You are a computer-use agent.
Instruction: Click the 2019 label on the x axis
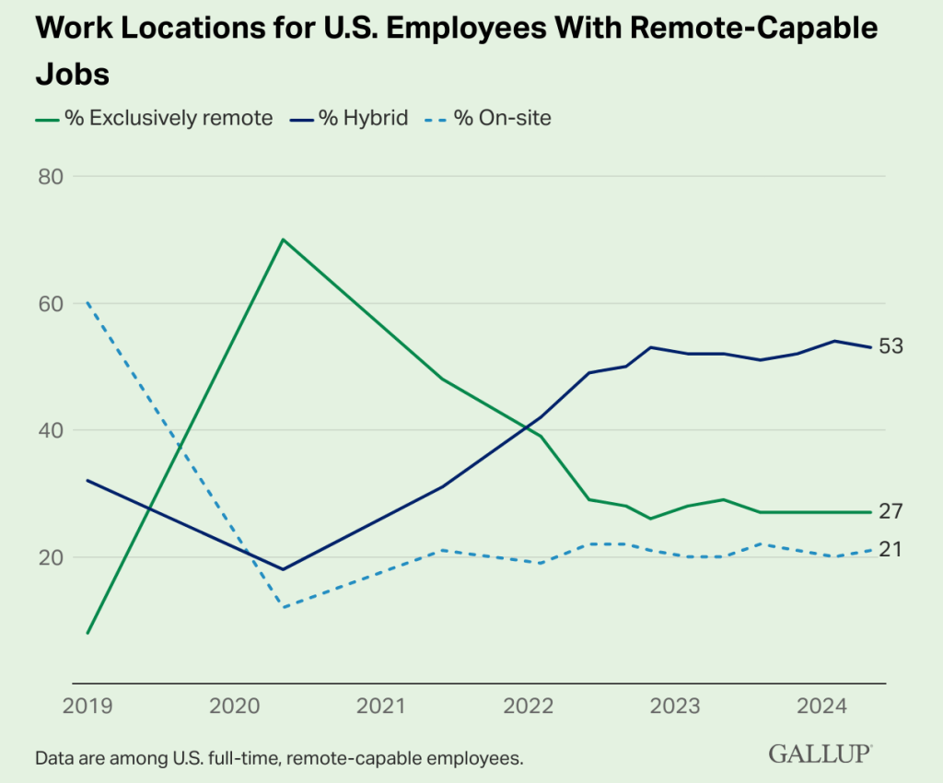(87, 707)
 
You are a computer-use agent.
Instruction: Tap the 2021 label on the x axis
(381, 707)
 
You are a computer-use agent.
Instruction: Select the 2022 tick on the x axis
(529, 707)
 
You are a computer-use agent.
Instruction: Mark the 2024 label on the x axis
(822, 707)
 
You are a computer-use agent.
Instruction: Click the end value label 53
(891, 346)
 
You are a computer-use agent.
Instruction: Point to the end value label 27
(891, 512)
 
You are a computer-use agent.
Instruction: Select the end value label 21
(891, 550)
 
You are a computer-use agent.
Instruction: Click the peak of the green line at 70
(284, 240)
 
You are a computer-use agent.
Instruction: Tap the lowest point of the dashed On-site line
(284, 607)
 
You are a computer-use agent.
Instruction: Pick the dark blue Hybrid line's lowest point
(284, 569)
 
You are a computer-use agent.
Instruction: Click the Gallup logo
(821, 754)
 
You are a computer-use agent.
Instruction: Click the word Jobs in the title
(73, 73)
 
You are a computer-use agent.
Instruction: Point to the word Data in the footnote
(54, 759)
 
